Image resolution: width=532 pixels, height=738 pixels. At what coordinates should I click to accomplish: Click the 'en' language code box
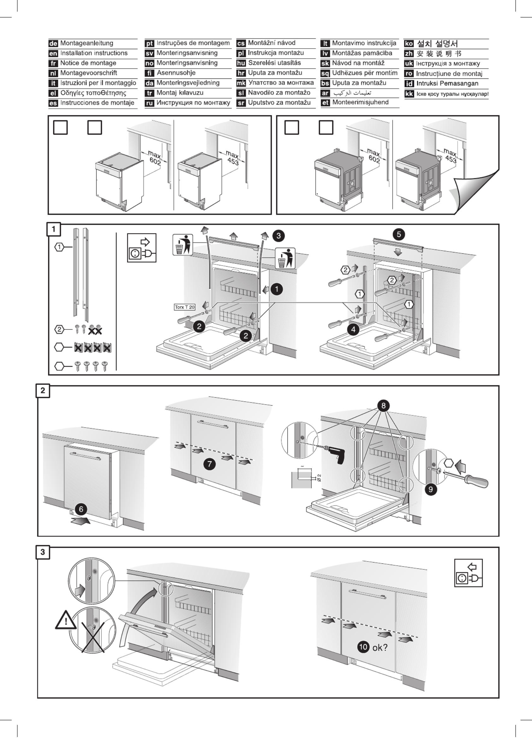[x=53, y=53]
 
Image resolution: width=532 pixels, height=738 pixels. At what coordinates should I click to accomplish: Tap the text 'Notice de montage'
[x=88, y=63]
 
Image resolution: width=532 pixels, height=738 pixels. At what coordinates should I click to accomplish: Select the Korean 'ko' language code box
[x=409, y=43]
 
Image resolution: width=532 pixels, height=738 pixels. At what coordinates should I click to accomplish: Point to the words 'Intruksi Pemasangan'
[x=447, y=84]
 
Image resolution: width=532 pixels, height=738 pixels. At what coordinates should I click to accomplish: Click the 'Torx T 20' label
[x=185, y=307]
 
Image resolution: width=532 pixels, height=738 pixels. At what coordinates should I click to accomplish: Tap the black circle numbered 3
[x=278, y=235]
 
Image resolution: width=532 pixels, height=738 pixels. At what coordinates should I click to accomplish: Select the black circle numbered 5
[x=399, y=234]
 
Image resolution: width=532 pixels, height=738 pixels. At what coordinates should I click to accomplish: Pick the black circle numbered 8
[x=383, y=406]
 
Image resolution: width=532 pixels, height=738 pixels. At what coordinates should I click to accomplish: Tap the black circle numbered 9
[x=431, y=489]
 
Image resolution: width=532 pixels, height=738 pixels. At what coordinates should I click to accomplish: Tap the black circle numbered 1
[x=277, y=289]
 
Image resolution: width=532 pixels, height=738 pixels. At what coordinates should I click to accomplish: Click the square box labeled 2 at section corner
[x=43, y=391]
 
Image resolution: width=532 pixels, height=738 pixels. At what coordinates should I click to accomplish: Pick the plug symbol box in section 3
[x=468, y=573]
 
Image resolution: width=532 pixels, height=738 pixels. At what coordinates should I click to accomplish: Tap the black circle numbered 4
[x=353, y=330]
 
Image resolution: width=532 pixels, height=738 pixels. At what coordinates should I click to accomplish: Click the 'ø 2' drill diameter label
[x=319, y=478]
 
